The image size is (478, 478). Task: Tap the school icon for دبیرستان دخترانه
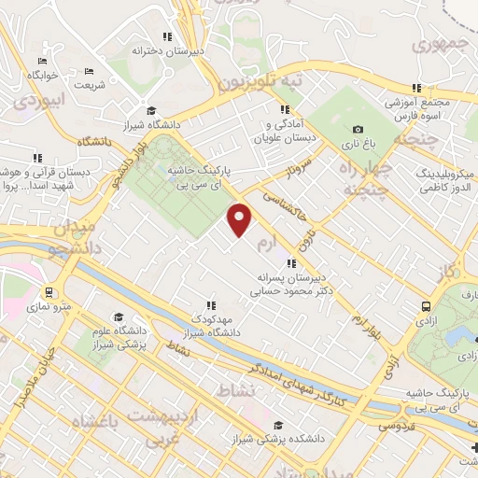pos(167,37)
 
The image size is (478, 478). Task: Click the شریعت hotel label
pos(89,85)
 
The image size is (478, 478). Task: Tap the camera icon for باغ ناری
pos(358,130)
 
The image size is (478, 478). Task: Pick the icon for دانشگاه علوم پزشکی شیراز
pos(118,317)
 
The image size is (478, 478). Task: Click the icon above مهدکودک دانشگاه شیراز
pos(211,304)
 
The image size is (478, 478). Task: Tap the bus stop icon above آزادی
pos(426,306)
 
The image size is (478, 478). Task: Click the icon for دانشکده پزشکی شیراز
pos(276,422)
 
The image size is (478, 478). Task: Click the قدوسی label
pos(394,426)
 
